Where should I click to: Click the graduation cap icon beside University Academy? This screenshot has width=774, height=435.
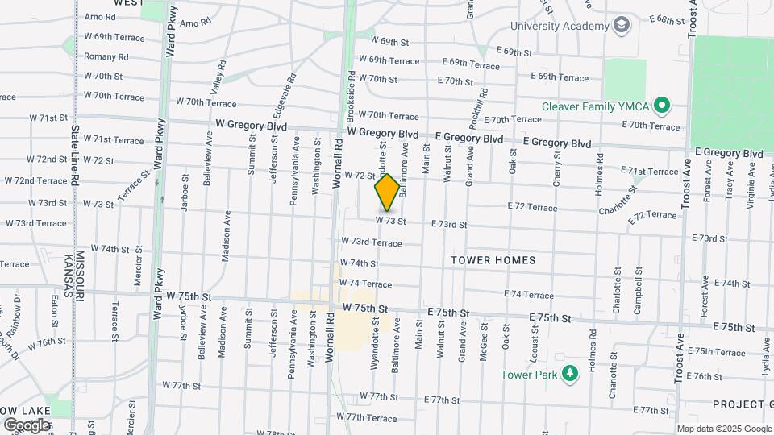[x=622, y=26]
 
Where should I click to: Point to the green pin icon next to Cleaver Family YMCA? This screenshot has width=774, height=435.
[x=662, y=105]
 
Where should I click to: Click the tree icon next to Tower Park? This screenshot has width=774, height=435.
[x=570, y=374]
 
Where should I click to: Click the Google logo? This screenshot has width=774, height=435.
[x=26, y=425]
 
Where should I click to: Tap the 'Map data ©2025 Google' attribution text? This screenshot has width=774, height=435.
[x=724, y=429]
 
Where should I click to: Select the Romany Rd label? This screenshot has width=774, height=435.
[x=106, y=57]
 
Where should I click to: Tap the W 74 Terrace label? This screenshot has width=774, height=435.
[x=366, y=284]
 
